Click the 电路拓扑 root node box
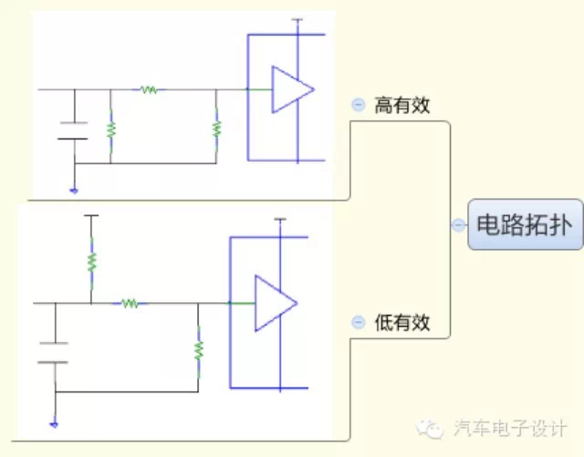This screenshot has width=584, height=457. pyautogui.click(x=526, y=224)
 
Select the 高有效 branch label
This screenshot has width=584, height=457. pyautogui.click(x=401, y=106)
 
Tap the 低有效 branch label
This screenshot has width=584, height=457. pyautogui.click(x=401, y=322)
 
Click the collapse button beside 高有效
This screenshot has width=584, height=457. pyautogui.click(x=359, y=105)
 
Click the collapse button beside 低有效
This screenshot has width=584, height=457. pyautogui.click(x=359, y=322)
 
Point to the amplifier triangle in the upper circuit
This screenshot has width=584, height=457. pyautogui.click(x=291, y=89)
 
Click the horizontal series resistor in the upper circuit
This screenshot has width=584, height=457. pyautogui.click(x=149, y=89)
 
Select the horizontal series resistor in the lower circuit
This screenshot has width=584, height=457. pyautogui.click(x=130, y=303)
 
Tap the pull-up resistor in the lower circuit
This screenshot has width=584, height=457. pyautogui.click(x=91, y=262)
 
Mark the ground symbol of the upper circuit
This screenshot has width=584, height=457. pyautogui.click(x=73, y=191)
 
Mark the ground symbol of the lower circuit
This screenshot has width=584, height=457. pyautogui.click(x=54, y=424)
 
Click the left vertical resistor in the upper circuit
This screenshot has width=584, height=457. pyautogui.click(x=110, y=129)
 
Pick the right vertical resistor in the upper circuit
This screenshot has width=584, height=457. pyautogui.click(x=216, y=127)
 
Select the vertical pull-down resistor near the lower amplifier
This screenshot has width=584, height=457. pyautogui.click(x=198, y=349)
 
